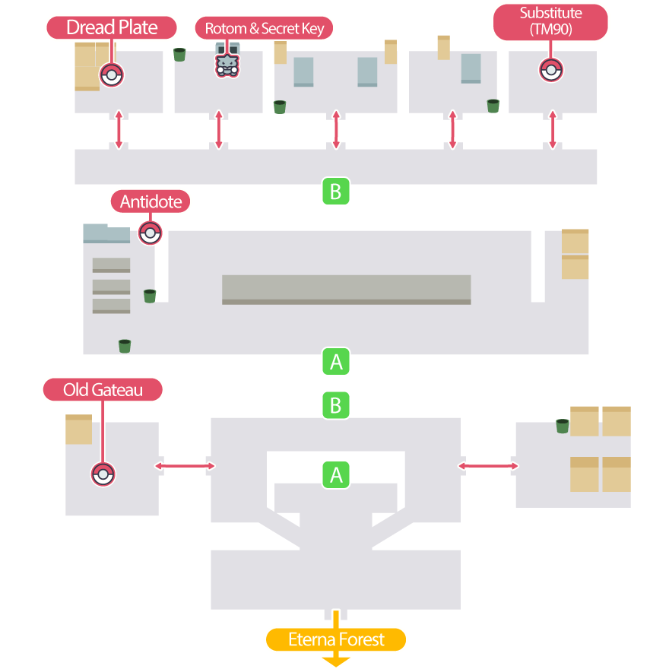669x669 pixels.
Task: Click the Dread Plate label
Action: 112,28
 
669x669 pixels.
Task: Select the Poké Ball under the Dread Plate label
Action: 112,75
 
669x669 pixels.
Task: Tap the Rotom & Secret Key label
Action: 265,29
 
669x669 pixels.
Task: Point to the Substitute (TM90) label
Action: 551,21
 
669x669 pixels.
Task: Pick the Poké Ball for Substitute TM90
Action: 551,70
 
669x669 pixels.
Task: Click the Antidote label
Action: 151,201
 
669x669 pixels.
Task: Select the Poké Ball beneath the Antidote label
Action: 151,233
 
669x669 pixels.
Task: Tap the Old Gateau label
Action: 103,390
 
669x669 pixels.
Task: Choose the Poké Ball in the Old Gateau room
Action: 103,474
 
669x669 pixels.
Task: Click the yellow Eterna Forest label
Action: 336,639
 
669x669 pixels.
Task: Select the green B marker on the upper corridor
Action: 335,191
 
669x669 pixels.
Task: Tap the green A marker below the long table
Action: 335,362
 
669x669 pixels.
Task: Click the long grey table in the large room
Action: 346,289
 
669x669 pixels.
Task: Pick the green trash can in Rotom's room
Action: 180,54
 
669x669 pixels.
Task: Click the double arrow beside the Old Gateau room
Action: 184,465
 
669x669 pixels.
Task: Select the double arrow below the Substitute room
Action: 553,129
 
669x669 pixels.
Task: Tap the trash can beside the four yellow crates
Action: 562,426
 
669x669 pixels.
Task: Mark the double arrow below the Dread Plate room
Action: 118,129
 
